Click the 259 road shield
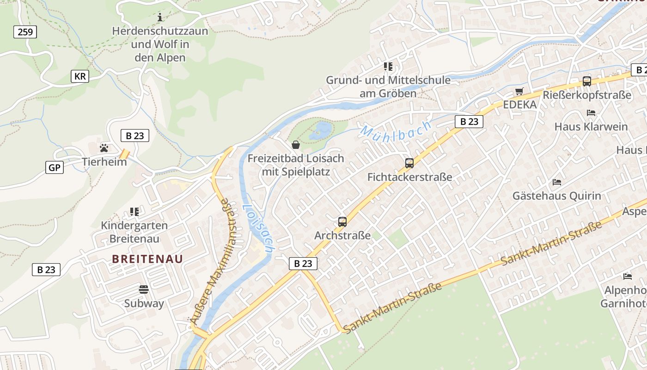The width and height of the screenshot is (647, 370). click(25, 32)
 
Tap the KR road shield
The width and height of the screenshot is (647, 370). click(80, 76)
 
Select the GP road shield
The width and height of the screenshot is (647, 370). click(55, 167)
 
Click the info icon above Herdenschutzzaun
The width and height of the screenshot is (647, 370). click(160, 18)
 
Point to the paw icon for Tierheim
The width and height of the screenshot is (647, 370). click(104, 148)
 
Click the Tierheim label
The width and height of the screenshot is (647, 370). click(104, 162)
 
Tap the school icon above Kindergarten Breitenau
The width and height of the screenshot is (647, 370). click(134, 212)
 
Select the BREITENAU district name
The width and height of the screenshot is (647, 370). click(147, 259)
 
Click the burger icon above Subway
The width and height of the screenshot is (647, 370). click(144, 290)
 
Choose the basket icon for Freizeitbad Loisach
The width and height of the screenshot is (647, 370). click(296, 145)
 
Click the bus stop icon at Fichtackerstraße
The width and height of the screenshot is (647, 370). click(409, 163)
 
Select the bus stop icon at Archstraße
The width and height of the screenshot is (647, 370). click(342, 222)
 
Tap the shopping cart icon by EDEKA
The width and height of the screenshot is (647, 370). click(519, 91)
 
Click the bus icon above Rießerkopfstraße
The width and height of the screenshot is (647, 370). click(587, 81)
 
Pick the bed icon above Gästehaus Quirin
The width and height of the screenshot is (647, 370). click(557, 182)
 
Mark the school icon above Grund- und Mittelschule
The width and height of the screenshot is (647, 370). click(388, 67)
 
